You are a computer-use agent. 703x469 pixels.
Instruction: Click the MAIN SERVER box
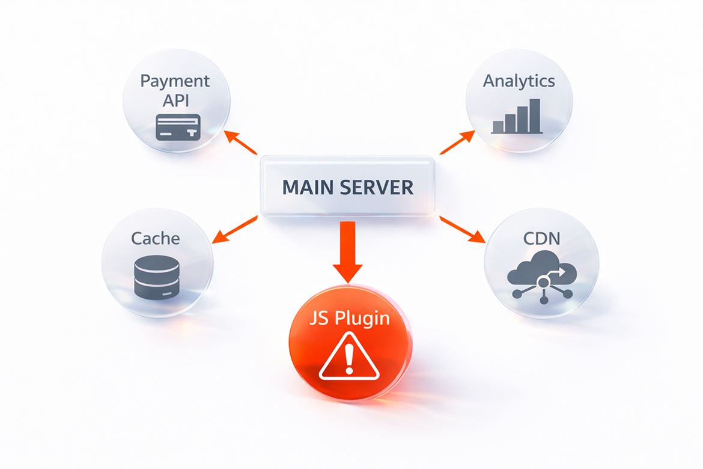pyautogui.click(x=347, y=186)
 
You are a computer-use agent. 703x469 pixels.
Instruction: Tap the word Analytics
pyautogui.click(x=519, y=81)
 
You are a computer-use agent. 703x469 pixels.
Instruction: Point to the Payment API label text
pyautogui.click(x=175, y=90)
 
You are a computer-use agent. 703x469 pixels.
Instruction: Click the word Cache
pyautogui.click(x=156, y=238)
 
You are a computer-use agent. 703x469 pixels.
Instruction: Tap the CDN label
pyautogui.click(x=541, y=238)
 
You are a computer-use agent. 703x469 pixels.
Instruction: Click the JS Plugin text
pyautogui.click(x=349, y=317)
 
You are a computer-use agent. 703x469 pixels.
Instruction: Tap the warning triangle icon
pyautogui.click(x=350, y=358)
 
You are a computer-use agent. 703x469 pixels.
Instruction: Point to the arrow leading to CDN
pyautogui.click(x=463, y=230)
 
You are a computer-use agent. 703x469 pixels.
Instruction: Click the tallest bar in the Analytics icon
pyautogui.click(x=535, y=115)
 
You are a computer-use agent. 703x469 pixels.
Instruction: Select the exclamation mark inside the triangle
pyautogui.click(x=350, y=361)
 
